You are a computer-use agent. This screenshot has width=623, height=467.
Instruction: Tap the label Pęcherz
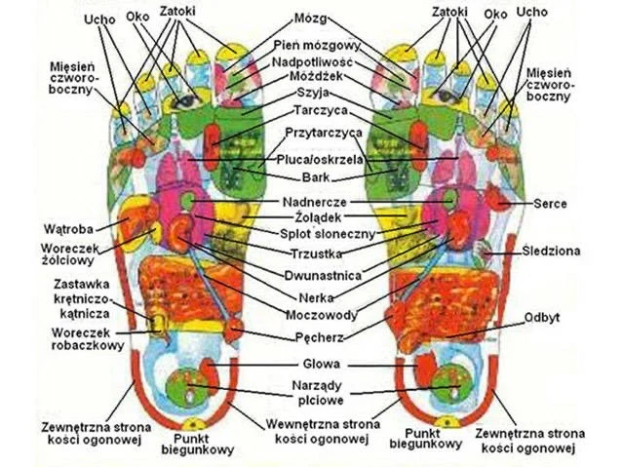(312, 338)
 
